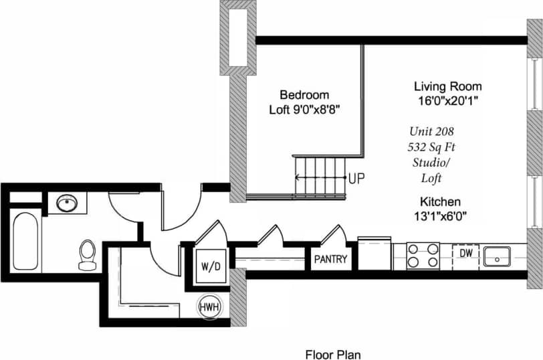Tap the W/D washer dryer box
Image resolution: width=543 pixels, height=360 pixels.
pos(211,266)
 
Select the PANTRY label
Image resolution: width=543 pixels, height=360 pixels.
pos(331,259)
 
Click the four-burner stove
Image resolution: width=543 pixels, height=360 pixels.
pos(423,256)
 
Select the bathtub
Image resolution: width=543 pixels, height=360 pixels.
pos(25,242)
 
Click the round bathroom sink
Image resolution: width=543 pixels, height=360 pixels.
pos(67,203)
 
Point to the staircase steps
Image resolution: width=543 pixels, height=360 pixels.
pos(319,175)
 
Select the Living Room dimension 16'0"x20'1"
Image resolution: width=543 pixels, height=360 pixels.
pos(447,100)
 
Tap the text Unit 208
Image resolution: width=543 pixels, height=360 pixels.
pos(435,132)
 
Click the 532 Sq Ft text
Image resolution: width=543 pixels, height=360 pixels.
pos(435,147)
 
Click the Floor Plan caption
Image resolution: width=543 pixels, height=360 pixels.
pos(334,353)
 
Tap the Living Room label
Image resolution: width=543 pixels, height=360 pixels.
pos(447,86)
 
